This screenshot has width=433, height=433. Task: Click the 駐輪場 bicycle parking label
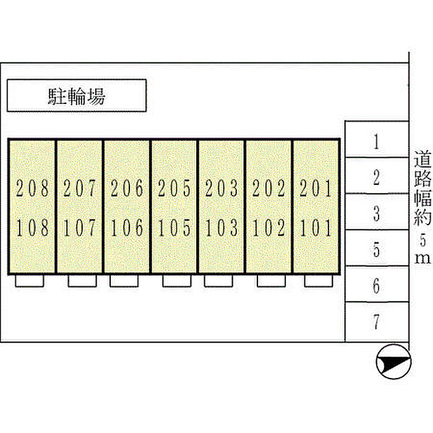[x=77, y=96]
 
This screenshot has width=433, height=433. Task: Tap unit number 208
[x=32, y=188]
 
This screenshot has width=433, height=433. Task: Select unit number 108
[x=32, y=228]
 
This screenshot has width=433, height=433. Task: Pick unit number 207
[x=80, y=188]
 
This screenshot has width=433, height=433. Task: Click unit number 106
[x=127, y=228]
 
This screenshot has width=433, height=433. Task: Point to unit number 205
[x=174, y=188]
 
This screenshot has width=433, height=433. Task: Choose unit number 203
[x=221, y=188]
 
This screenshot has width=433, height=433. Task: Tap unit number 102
[x=268, y=228]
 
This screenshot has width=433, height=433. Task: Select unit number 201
[x=315, y=188]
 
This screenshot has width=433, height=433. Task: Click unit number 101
[x=315, y=228]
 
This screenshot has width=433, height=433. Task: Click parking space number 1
[x=376, y=142]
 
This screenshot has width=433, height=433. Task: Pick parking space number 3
[x=376, y=213]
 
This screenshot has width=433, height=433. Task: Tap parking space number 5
[x=376, y=249]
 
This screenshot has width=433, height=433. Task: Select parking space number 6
[x=376, y=286]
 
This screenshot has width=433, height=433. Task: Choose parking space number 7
[x=376, y=322]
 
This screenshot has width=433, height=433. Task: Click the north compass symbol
[x=394, y=362]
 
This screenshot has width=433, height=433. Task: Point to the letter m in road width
[x=422, y=259]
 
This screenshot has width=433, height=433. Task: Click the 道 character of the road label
[x=422, y=159]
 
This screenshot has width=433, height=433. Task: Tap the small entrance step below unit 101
[x=319, y=281]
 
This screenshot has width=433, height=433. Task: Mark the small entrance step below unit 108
[x=29, y=281]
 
